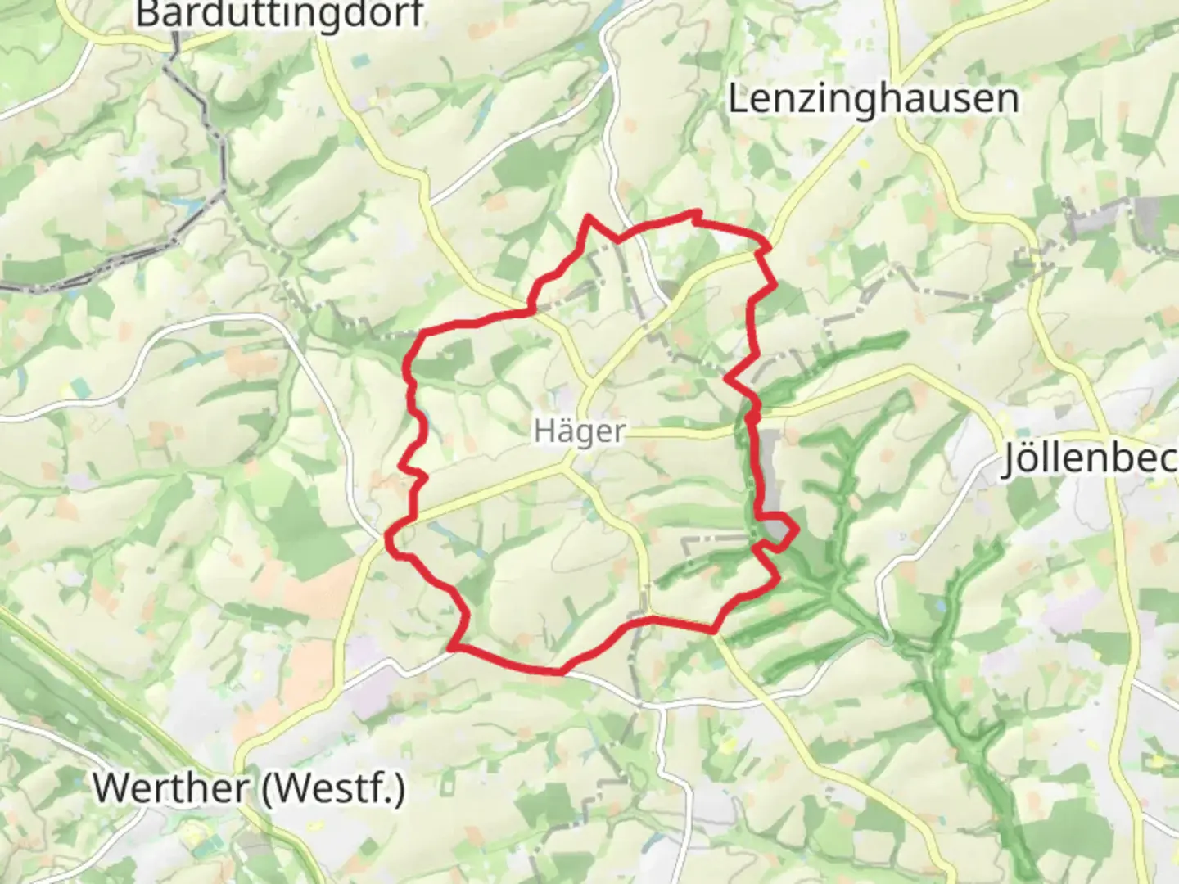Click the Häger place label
(x=579, y=431)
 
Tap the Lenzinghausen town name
(x=873, y=99)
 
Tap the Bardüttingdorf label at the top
(x=279, y=14)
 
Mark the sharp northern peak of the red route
(x=588, y=218)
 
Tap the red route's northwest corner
(x=422, y=333)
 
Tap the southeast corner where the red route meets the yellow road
(x=714, y=631)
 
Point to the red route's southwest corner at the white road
(x=453, y=649)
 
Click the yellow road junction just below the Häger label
(x=567, y=466)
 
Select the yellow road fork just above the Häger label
(x=586, y=385)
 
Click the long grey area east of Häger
(x=770, y=479)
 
